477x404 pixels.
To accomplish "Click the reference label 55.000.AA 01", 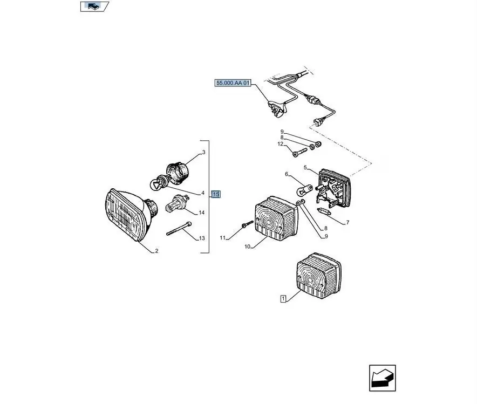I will pyautogui.click(x=233, y=83).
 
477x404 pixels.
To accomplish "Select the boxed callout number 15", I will pyautogui.click(x=216, y=194).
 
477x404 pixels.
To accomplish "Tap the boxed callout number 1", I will pyautogui.click(x=283, y=298).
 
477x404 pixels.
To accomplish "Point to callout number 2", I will pyautogui.click(x=156, y=251).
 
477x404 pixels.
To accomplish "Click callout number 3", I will pyautogui.click(x=203, y=153).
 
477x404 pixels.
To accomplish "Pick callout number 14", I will pyautogui.click(x=202, y=213).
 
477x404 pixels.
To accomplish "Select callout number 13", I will pyautogui.click(x=202, y=238).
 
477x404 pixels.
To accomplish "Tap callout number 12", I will pyautogui.click(x=281, y=144).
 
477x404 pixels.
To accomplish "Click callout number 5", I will pyautogui.click(x=305, y=167).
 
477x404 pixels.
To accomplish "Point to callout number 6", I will pyautogui.click(x=287, y=174).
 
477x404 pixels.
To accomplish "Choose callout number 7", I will pyautogui.click(x=347, y=222).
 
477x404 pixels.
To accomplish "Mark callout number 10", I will pyautogui.click(x=247, y=246).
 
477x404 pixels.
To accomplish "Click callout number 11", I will pyautogui.click(x=222, y=237).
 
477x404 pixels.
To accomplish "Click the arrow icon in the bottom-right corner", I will pyautogui.click(x=383, y=378).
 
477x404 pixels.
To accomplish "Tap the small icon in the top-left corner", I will pyautogui.click(x=93, y=6).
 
